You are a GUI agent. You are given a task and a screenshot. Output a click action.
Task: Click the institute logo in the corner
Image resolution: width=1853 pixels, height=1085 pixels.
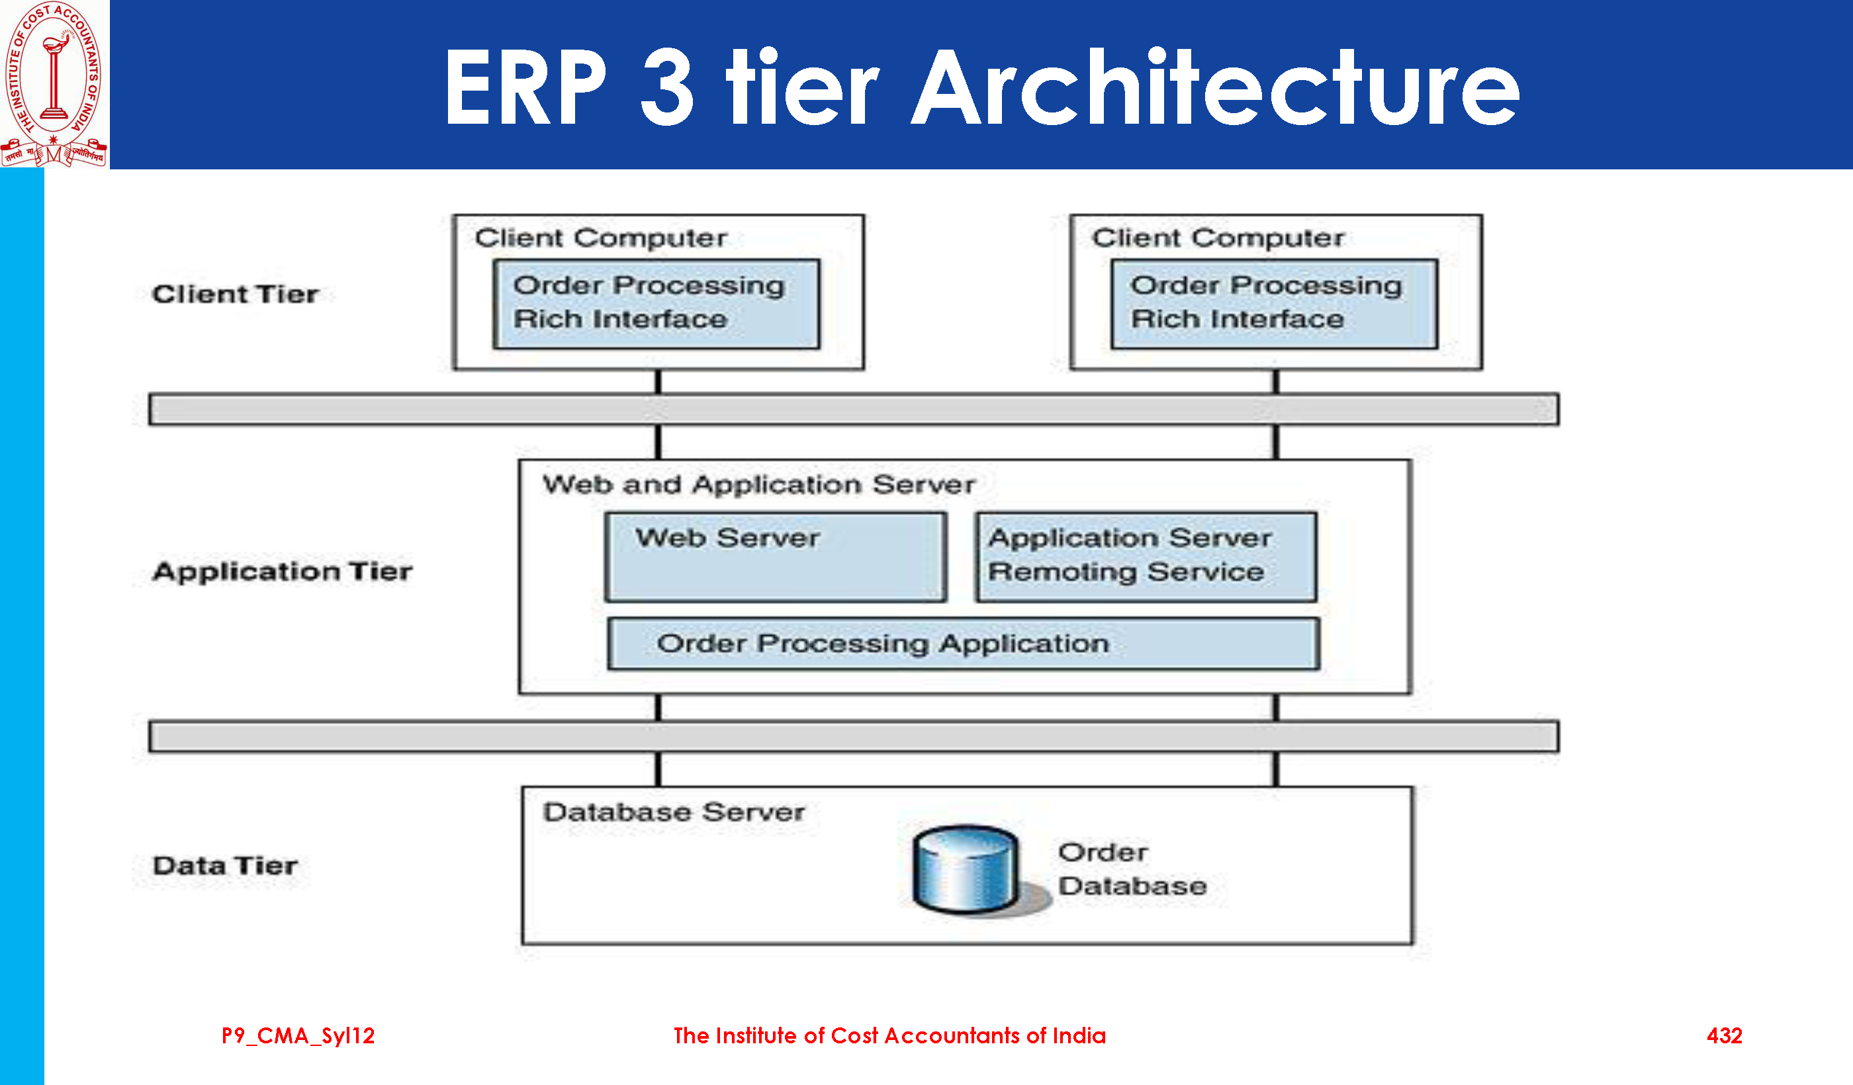click(x=54, y=83)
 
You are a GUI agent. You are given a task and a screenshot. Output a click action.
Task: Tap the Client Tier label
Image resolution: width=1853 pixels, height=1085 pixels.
click(x=236, y=294)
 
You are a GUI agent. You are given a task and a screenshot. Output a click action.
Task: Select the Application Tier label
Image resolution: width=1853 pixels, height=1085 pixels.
click(x=283, y=571)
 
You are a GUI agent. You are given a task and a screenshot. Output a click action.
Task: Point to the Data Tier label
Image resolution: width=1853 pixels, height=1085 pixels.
click(x=225, y=865)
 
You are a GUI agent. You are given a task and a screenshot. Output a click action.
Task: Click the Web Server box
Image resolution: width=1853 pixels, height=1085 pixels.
click(x=775, y=556)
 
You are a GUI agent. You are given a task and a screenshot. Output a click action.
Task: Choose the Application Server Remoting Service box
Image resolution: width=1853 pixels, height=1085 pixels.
click(x=1146, y=556)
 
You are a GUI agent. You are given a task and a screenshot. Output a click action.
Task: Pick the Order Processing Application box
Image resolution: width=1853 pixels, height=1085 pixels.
click(x=964, y=643)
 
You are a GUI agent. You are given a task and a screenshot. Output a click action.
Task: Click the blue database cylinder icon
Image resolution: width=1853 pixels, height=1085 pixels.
click(x=966, y=869)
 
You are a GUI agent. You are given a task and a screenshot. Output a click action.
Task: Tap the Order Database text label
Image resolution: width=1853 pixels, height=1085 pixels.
click(x=1132, y=869)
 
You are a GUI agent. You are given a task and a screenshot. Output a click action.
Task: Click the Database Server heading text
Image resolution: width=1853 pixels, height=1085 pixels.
click(x=674, y=812)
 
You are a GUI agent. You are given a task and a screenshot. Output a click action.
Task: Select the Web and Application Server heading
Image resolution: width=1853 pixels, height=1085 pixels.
click(x=758, y=484)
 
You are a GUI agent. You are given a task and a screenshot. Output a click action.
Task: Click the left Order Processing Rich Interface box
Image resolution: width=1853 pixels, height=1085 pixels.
click(x=656, y=303)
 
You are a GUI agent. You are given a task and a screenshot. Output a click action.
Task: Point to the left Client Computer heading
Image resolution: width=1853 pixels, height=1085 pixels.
click(x=600, y=238)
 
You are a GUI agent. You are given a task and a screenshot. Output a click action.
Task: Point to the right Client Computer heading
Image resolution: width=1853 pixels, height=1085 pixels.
click(x=1218, y=238)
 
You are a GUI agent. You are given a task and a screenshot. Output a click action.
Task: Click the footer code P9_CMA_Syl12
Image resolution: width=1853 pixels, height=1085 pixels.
click(x=298, y=1036)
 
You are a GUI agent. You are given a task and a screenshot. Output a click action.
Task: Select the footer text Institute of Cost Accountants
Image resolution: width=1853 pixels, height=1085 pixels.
click(x=889, y=1036)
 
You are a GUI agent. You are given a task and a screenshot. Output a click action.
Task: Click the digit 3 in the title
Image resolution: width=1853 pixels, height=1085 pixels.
click(x=666, y=88)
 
